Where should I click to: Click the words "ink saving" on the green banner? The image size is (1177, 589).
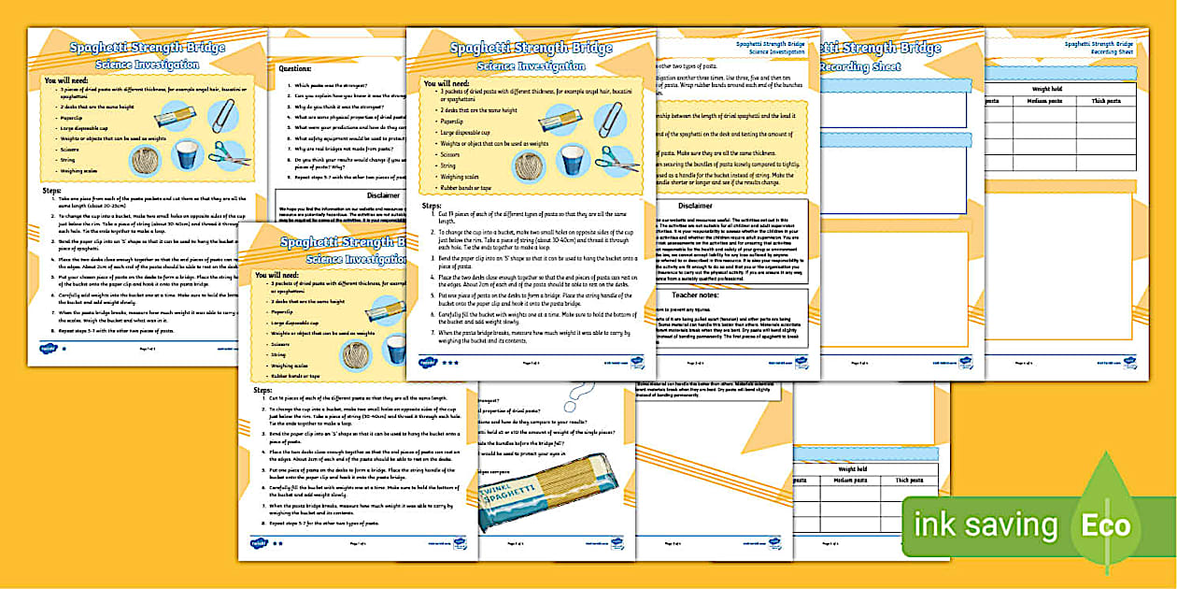pos(986,525)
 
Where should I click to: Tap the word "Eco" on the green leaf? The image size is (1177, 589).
pos(1106,525)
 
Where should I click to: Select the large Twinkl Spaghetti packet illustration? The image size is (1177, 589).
pos(546,487)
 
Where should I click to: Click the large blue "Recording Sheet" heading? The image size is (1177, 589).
pos(860,67)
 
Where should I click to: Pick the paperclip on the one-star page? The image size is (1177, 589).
pos(222,115)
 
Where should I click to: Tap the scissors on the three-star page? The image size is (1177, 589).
pos(618,159)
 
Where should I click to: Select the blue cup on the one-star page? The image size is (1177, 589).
pos(188,154)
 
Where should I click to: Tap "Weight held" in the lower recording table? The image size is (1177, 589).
pos(852,469)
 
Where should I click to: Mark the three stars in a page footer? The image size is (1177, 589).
pos(449,362)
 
